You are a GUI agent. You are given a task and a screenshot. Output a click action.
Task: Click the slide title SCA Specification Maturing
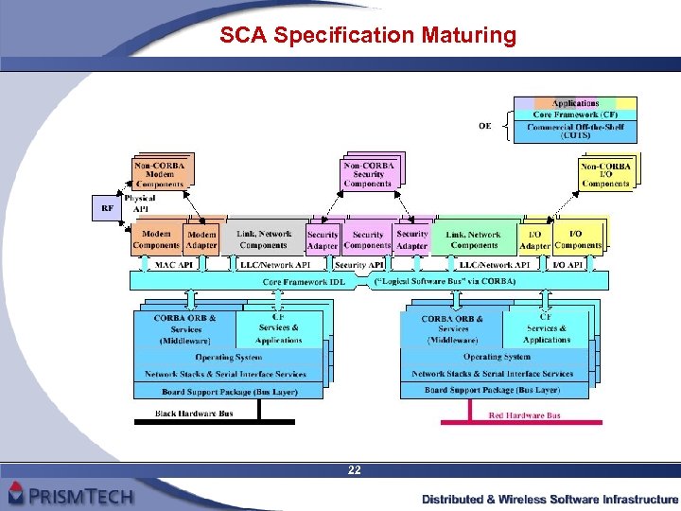tap(368, 37)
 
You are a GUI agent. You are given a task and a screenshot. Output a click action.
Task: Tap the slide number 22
tap(354, 470)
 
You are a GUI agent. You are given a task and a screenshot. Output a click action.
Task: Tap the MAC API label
tap(174, 266)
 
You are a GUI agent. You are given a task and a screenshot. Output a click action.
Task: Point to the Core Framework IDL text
tap(304, 281)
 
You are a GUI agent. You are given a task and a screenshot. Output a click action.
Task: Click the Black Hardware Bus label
tap(193, 414)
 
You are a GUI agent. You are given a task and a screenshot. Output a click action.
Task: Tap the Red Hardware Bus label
tap(524, 415)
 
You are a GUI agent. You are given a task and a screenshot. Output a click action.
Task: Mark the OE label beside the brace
tap(484, 125)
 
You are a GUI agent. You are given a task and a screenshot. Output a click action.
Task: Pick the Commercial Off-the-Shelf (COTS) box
tap(575, 131)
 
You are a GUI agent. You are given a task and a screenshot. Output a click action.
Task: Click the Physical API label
tap(139, 204)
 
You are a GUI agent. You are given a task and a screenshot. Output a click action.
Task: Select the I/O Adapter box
tap(534, 239)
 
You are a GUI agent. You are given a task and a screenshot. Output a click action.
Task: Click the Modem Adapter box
tap(201, 239)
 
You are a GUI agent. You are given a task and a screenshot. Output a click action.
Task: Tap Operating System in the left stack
tap(230, 357)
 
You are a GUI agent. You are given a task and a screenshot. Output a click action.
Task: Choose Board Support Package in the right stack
tap(492, 389)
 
